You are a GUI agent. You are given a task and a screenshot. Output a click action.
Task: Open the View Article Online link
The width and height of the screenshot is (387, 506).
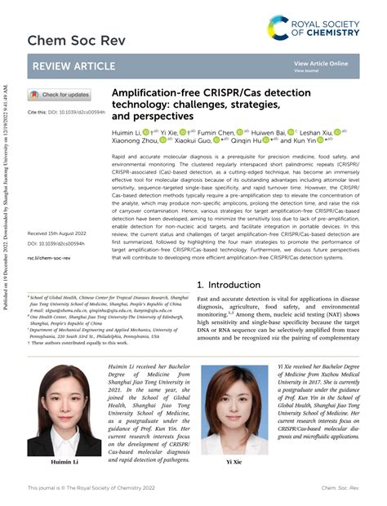point(321,63)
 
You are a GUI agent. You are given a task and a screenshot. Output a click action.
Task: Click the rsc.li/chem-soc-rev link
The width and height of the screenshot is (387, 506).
point(49,257)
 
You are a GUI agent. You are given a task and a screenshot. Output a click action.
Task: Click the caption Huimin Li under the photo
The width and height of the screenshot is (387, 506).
point(65,461)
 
